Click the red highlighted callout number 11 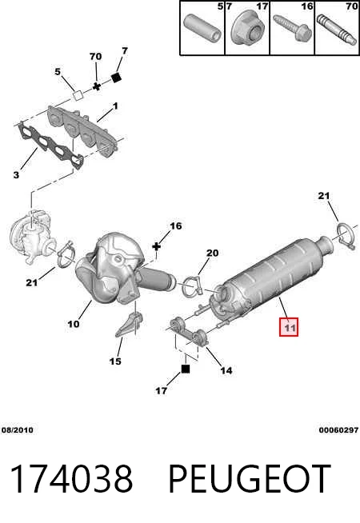coord(289,326)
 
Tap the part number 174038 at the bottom coord(72,479)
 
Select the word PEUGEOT coord(250,479)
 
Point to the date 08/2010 coord(18,430)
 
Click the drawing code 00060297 coord(338,430)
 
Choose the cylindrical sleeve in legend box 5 coord(202,30)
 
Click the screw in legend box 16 coord(292,28)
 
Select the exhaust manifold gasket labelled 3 coord(50,146)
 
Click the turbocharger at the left coord(30,237)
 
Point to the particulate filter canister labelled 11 coord(270,277)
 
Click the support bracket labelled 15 coord(130,325)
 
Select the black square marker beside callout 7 coord(117,77)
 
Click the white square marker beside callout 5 coord(78,96)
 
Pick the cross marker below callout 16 coord(156,247)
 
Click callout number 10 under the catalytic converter coord(74,324)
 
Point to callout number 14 coord(226,370)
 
